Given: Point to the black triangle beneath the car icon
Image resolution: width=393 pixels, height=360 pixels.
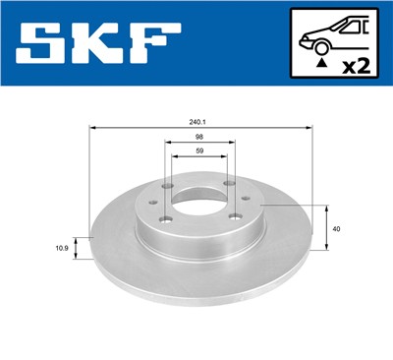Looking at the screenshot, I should [x=320, y=60].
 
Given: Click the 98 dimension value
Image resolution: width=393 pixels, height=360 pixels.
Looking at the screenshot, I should [x=200, y=138].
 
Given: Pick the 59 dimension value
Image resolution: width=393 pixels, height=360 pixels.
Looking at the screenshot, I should [x=200, y=151].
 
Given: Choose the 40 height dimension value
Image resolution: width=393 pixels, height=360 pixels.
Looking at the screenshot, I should [x=337, y=228].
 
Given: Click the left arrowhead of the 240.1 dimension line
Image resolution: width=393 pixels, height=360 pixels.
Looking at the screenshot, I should [x=91, y=128].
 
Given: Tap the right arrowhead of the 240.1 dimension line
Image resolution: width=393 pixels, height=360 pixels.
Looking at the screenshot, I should [x=310, y=128].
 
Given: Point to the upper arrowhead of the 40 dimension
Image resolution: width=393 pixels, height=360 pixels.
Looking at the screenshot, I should [x=325, y=207].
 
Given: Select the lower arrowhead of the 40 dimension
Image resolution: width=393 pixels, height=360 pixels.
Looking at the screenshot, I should [x=325, y=250].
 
